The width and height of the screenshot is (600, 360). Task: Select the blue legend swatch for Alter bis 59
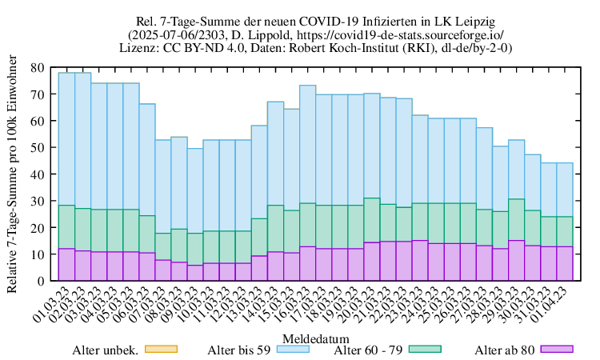coord(293,350)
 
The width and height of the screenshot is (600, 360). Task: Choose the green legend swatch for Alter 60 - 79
coord(426,350)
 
